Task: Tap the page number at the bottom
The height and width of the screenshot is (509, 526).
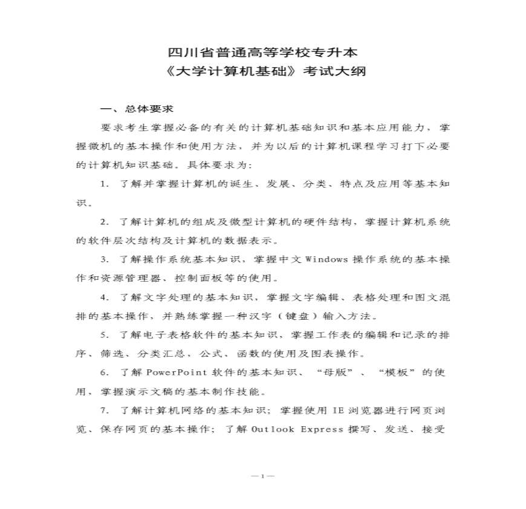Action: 262,476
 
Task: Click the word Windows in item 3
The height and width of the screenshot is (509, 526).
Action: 326,259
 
